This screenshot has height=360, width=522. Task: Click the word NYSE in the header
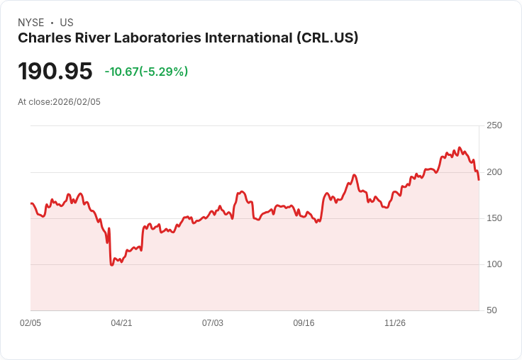click(x=30, y=23)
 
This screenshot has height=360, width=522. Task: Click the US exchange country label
click(x=67, y=23)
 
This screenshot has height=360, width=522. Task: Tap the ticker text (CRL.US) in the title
click(x=327, y=38)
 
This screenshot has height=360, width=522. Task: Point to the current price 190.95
click(x=55, y=72)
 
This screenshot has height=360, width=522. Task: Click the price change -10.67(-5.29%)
click(x=146, y=72)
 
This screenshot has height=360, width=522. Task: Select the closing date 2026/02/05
click(x=77, y=102)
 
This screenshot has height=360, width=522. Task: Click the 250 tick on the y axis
click(x=494, y=125)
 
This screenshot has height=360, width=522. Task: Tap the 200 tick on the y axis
click(x=494, y=172)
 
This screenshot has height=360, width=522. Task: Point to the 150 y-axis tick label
click(x=494, y=218)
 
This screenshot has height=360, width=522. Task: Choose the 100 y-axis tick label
click(x=494, y=264)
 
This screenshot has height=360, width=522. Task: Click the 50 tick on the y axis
click(x=492, y=310)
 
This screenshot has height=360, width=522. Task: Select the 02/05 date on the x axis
click(x=30, y=323)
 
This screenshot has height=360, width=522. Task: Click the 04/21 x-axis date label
click(x=121, y=323)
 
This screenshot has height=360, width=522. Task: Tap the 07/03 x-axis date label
click(x=213, y=323)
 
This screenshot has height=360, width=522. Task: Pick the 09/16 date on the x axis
click(x=304, y=323)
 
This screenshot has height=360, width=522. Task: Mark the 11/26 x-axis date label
click(x=395, y=323)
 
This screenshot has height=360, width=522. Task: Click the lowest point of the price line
click(x=111, y=264)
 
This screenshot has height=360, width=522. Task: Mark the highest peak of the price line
click(x=459, y=147)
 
